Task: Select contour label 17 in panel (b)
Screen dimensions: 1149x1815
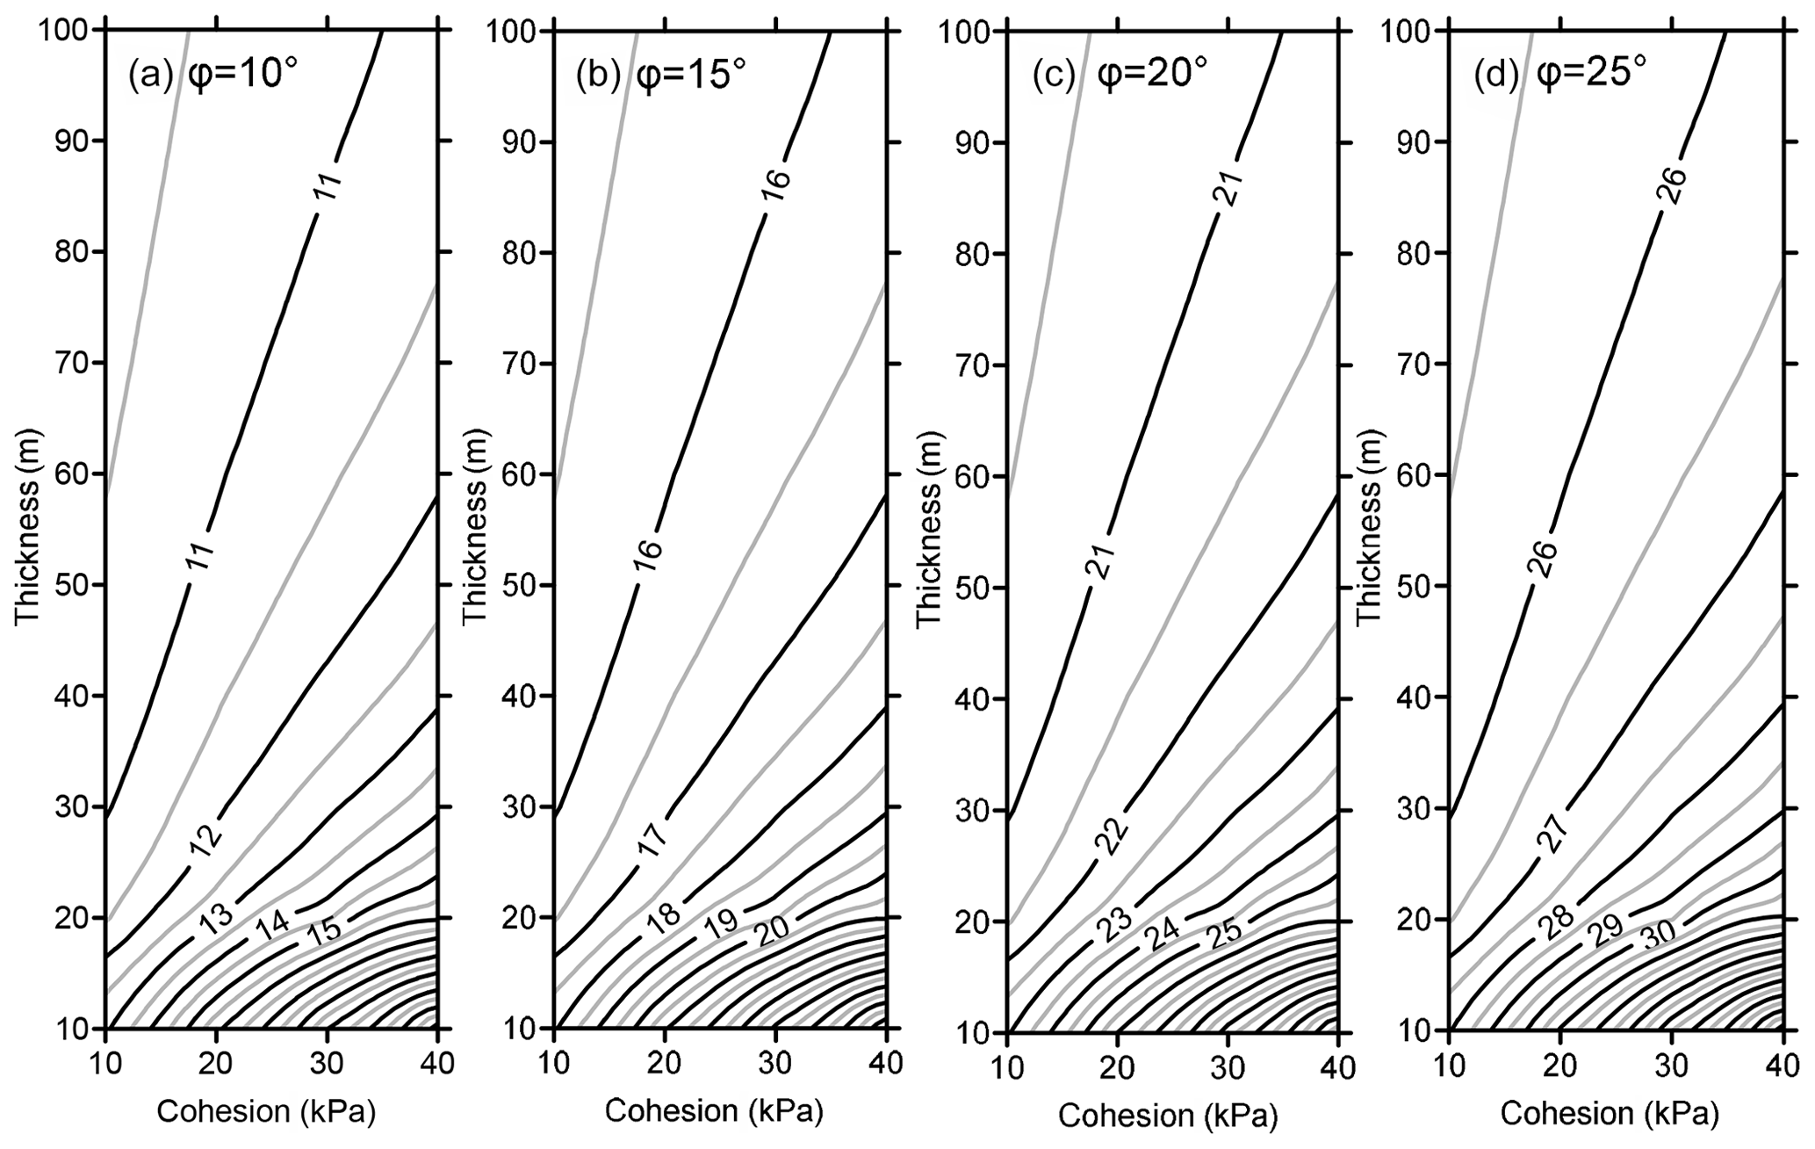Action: [652, 841]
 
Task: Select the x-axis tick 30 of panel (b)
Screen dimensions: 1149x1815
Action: [774, 1065]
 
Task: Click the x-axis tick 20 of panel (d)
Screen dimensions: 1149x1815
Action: [1559, 1066]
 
